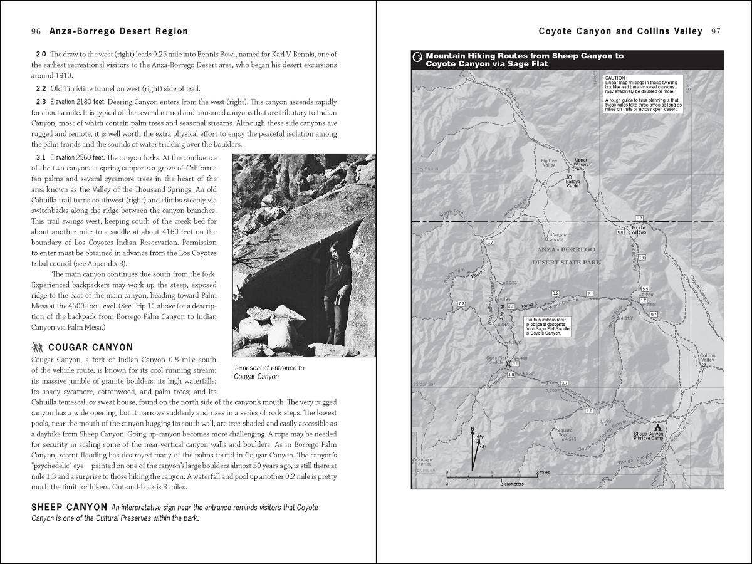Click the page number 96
click(36, 31)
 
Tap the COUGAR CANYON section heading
click(90, 347)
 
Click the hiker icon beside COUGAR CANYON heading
click(37, 347)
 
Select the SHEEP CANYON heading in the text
click(68, 507)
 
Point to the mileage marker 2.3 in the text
click(41, 102)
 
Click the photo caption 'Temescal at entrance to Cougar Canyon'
click(269, 372)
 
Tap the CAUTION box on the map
click(643, 93)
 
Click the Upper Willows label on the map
click(581, 162)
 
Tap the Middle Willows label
click(639, 230)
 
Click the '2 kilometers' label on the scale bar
click(512, 484)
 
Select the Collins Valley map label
click(707, 358)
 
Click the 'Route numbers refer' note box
click(546, 326)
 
